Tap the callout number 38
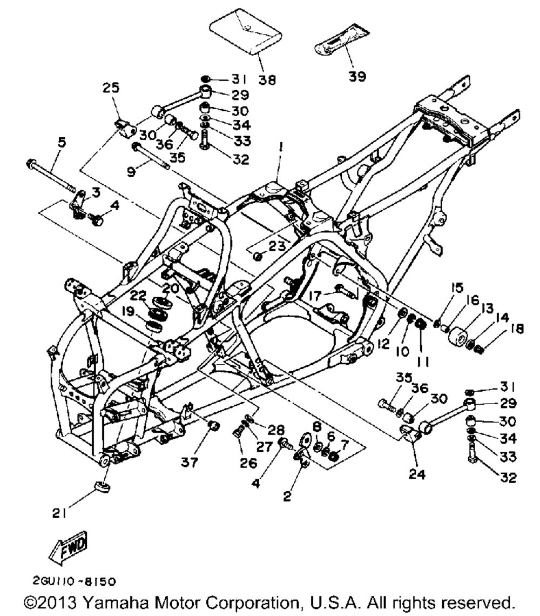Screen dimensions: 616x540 tap(267, 79)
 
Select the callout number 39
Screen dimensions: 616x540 tap(357, 77)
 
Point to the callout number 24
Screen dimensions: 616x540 tap(417, 475)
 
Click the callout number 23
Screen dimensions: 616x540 tap(276, 246)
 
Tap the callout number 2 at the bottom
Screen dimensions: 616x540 tap(287, 496)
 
